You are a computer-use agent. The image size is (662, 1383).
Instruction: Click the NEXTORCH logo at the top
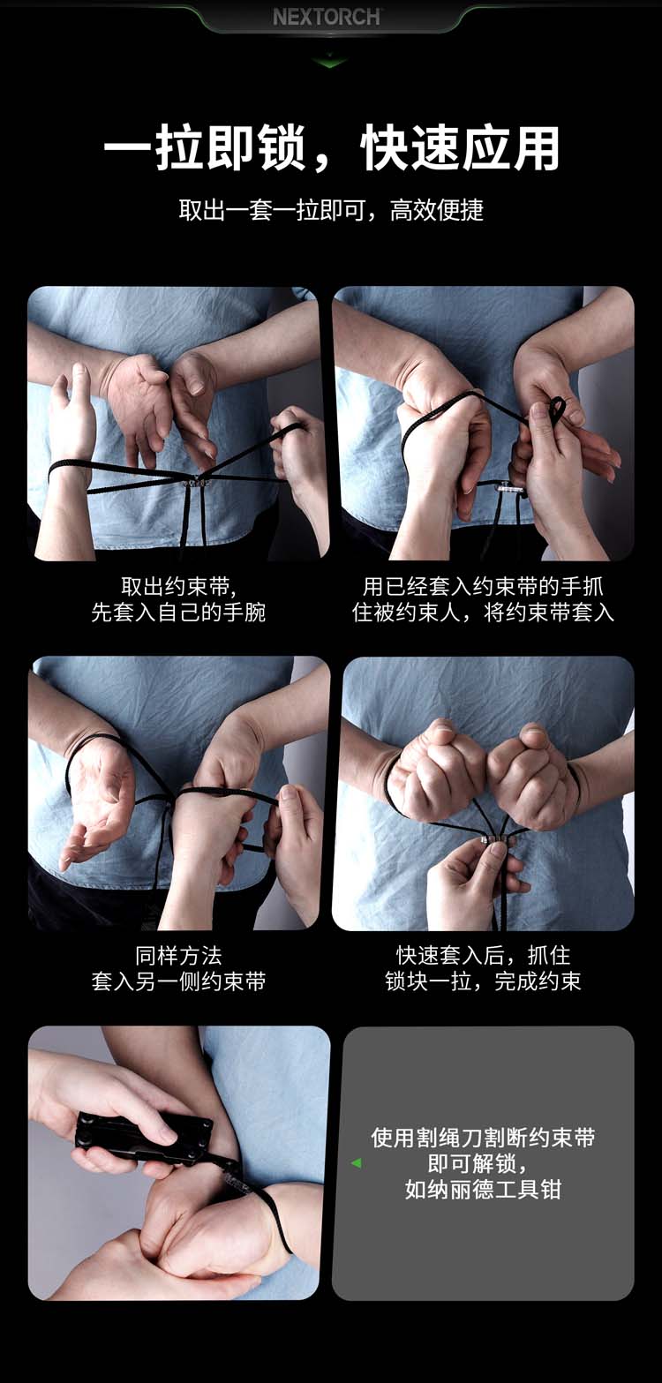327,17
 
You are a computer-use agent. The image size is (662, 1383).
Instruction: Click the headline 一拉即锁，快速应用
332,148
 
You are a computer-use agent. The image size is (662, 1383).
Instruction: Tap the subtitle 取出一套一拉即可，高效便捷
331,211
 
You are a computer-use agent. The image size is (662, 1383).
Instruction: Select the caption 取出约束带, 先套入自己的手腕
178,599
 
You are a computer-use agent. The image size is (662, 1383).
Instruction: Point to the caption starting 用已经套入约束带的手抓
483,599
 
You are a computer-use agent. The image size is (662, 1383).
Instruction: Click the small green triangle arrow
357,1163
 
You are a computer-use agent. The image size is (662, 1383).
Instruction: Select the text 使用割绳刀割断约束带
483,1138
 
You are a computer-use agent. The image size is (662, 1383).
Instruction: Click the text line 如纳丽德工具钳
483,1189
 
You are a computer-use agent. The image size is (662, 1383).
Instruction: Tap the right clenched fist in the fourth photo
533,775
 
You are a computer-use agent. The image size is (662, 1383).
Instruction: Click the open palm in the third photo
99,796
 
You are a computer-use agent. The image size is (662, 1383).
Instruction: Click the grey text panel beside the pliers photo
483,1163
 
